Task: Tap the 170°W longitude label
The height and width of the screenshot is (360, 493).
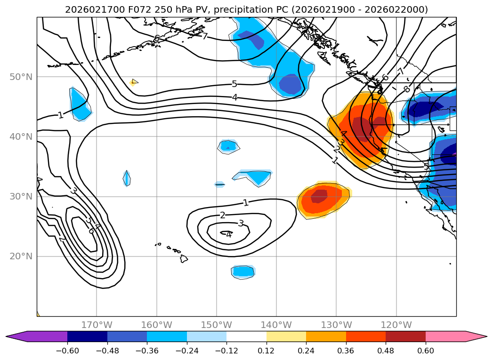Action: click(x=97, y=325)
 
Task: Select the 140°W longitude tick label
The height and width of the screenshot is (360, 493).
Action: click(x=276, y=325)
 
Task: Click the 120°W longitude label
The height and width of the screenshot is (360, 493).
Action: click(x=396, y=325)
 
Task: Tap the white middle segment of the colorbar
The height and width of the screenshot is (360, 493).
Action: click(x=246, y=336)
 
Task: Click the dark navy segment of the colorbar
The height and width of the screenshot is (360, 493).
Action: click(x=87, y=336)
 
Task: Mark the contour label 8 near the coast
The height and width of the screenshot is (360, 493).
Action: click(x=406, y=89)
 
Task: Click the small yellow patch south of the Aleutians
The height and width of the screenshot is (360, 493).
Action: click(x=134, y=82)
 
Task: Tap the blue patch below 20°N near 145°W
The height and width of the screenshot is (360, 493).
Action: click(x=243, y=271)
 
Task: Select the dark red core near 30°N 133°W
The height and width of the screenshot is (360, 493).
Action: click(x=319, y=195)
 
